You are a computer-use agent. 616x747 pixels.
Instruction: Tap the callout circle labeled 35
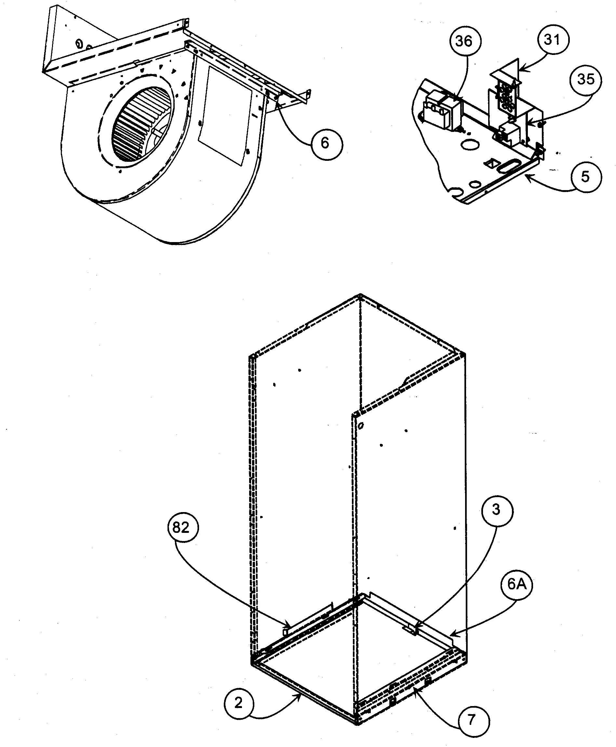point(586,79)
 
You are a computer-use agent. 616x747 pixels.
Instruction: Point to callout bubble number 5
point(585,176)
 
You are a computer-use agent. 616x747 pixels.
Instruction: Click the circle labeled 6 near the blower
point(325,143)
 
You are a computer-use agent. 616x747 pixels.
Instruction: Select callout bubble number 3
point(496,510)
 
